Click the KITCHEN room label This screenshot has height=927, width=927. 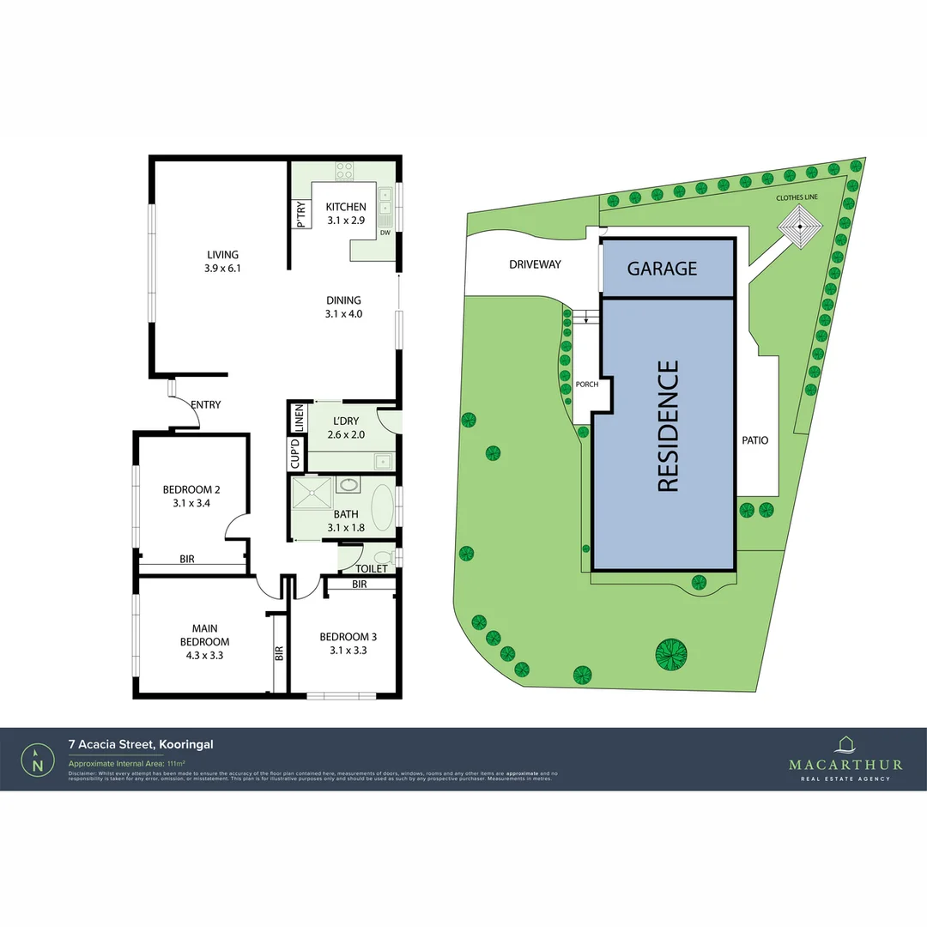coord(346,207)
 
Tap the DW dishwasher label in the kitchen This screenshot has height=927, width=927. coord(385,233)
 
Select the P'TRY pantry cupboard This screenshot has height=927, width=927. coord(300,214)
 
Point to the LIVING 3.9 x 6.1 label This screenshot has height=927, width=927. coord(222,261)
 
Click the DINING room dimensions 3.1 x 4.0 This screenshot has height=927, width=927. coord(343,314)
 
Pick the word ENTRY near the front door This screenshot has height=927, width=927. coord(206,404)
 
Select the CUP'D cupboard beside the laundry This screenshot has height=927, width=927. coord(295,452)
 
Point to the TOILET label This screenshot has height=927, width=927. coord(372,568)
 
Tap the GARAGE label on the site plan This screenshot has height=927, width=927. coord(662,268)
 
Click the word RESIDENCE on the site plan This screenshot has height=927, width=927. coord(667,427)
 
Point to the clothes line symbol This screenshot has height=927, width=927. coord(800,228)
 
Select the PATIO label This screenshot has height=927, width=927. coord(755,440)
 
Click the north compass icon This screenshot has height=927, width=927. coord(37,759)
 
